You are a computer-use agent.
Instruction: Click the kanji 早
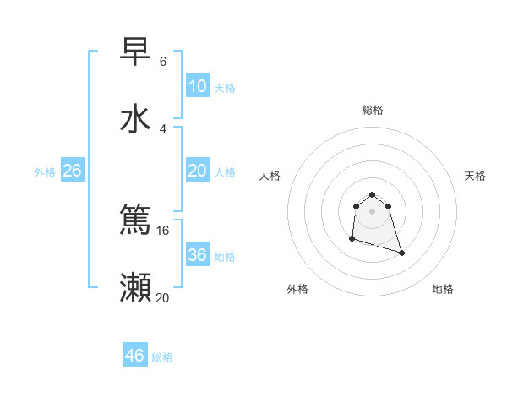point(135,52)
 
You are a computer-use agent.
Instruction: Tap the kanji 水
point(135,119)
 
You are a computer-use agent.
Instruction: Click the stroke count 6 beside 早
point(163,62)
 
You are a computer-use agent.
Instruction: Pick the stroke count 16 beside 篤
point(163,231)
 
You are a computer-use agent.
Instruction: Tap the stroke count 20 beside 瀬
point(163,298)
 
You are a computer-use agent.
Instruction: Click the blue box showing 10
point(198,85)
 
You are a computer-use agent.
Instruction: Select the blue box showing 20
point(198,170)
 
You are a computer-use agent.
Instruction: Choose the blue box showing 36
point(198,254)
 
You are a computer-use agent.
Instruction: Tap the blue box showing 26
point(72,170)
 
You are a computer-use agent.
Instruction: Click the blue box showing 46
point(135,356)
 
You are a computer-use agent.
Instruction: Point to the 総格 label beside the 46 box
point(162,357)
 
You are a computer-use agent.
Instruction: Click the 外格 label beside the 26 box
point(45,171)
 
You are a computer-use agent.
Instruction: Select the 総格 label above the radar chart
point(373,110)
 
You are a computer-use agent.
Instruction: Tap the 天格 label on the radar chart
point(476,176)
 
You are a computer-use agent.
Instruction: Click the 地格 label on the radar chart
point(443,289)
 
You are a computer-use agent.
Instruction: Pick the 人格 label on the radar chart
point(270,176)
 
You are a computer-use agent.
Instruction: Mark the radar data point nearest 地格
point(401,253)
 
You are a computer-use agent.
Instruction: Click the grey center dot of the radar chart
point(373,211)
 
